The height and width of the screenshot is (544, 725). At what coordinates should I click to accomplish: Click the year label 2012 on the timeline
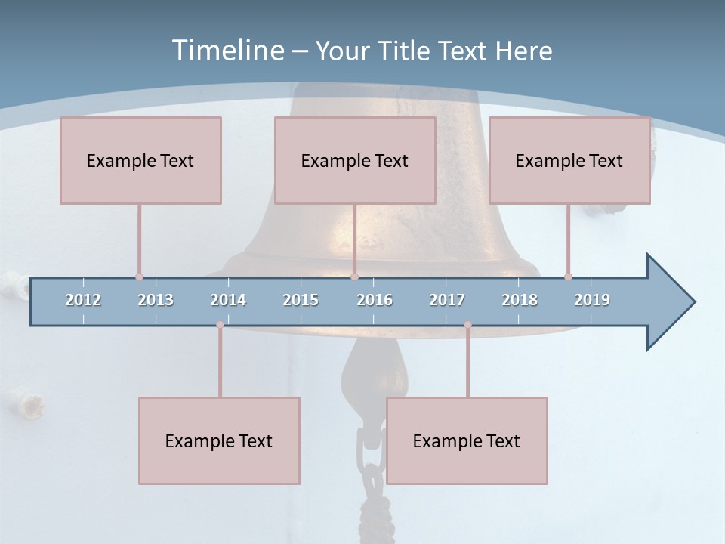click(83, 300)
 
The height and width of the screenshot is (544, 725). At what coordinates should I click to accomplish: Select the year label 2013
click(156, 300)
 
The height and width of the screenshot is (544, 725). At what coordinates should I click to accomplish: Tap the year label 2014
click(228, 300)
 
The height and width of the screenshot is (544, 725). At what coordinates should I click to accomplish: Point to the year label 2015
click(301, 300)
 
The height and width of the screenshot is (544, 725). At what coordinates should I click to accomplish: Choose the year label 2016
click(375, 300)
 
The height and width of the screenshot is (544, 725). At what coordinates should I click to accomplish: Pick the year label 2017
click(447, 300)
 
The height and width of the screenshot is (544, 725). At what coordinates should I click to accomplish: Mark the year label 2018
click(520, 300)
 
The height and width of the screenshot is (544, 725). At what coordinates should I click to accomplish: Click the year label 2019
click(592, 300)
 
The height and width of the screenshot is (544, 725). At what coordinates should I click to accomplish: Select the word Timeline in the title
click(227, 51)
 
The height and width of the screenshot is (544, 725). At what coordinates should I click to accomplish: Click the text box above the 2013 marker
click(140, 160)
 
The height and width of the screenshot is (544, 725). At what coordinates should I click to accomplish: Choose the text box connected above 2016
click(355, 160)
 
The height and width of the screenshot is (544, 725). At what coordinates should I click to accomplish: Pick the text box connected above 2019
click(569, 160)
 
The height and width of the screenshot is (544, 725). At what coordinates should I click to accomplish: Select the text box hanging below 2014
click(219, 440)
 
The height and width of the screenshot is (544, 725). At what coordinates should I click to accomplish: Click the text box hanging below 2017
click(467, 440)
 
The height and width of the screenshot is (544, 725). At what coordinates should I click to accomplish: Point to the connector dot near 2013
click(139, 277)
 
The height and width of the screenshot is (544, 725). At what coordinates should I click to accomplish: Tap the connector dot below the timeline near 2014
click(220, 325)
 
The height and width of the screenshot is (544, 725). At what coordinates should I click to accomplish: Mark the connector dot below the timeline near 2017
click(467, 325)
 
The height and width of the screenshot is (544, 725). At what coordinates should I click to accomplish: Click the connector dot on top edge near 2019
click(568, 277)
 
